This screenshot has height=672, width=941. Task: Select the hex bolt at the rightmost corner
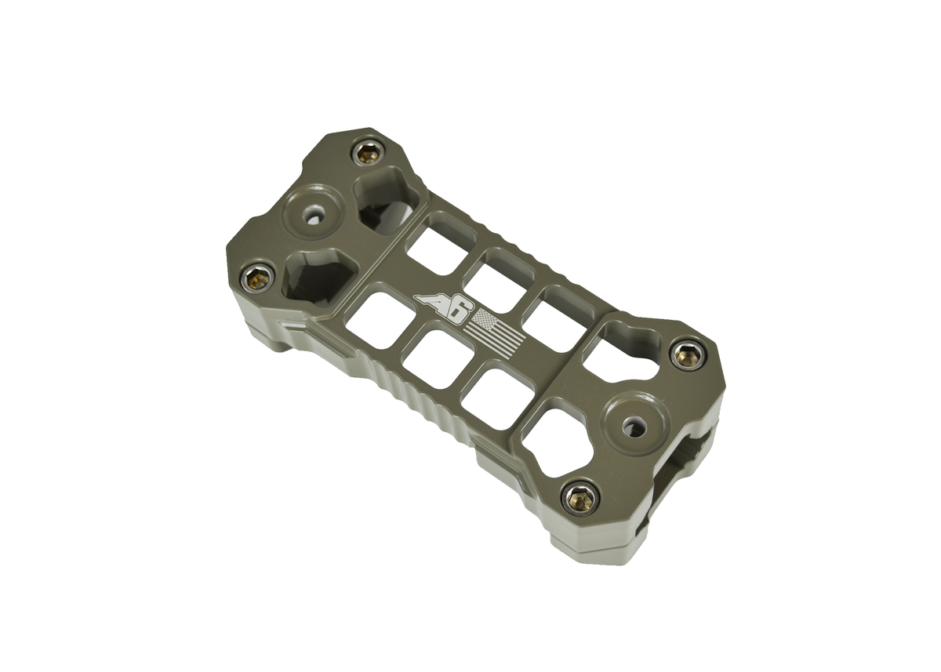tap(687, 354)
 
